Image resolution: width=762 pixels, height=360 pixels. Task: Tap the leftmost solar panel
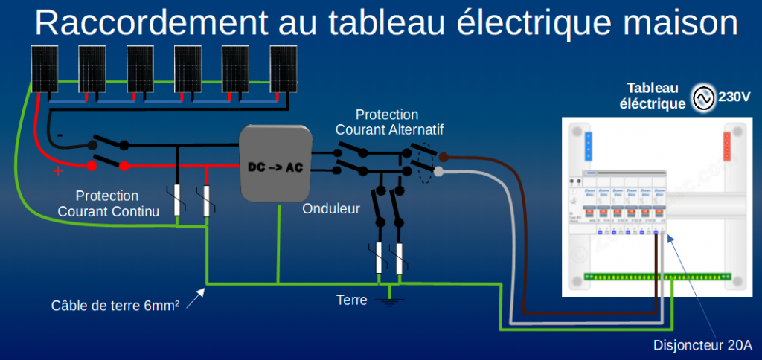click(45, 69)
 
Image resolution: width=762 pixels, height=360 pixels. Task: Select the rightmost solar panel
click(284, 69)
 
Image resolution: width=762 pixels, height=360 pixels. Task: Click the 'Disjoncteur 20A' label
click(702, 345)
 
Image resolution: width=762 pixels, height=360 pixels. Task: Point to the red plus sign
click(57, 172)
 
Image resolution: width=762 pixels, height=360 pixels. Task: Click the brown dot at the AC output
click(442, 157)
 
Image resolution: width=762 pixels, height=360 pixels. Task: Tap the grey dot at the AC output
click(438, 172)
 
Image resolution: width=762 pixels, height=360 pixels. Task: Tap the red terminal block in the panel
click(729, 147)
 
